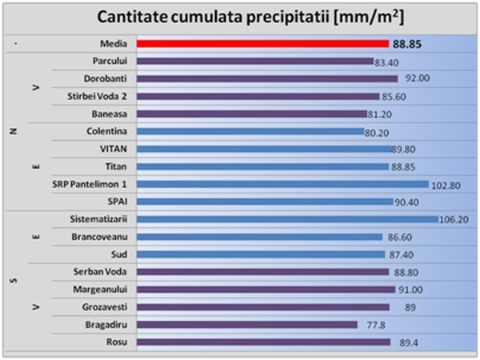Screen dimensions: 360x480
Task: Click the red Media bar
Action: [x=262, y=44]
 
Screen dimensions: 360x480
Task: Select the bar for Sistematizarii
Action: [x=286, y=218]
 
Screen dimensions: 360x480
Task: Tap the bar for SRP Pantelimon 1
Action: [x=282, y=184]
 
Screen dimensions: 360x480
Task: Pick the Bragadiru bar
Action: [x=246, y=324]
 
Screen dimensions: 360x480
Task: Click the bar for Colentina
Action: [x=250, y=131]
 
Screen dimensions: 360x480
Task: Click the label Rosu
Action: [x=118, y=342]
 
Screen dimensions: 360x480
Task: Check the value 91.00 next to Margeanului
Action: [x=412, y=289]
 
